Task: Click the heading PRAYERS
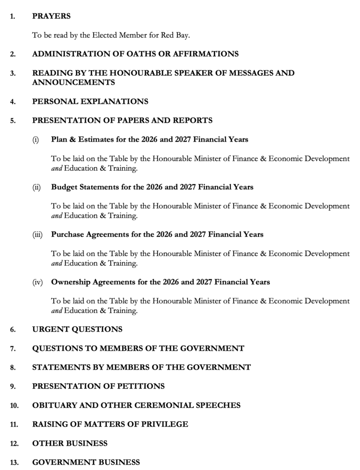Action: (x=51, y=16)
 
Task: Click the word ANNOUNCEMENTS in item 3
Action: (x=73, y=83)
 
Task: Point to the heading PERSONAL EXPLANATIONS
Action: (x=90, y=101)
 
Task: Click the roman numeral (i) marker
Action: (x=35, y=140)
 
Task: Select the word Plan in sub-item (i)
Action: (x=59, y=140)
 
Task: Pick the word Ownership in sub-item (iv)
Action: (x=71, y=282)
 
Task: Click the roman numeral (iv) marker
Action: (x=37, y=282)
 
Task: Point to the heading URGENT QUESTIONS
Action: (x=77, y=330)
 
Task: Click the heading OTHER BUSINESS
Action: (x=70, y=443)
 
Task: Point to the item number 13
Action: (x=14, y=462)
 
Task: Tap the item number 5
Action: (x=13, y=121)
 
